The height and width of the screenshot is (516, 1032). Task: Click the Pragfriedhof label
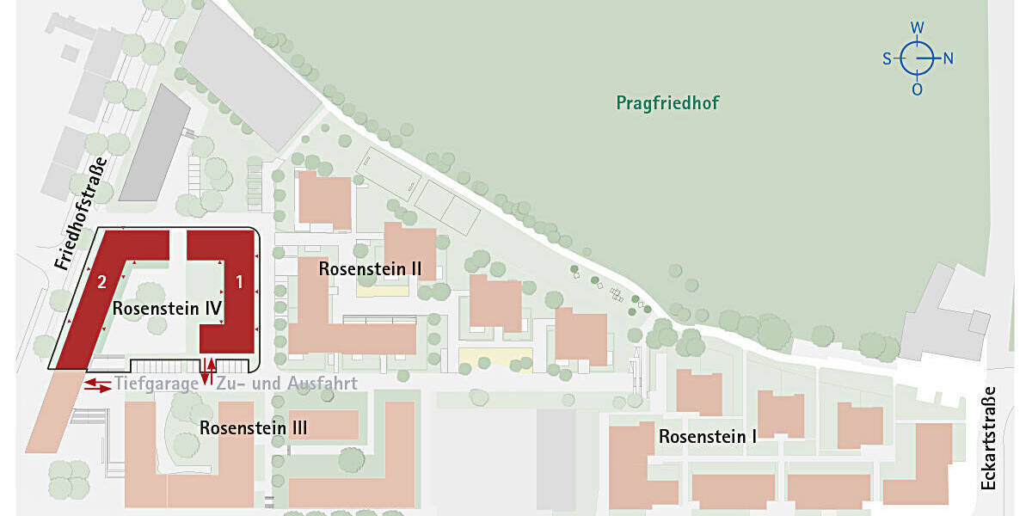667,103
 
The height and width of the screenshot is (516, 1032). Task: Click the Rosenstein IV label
168,308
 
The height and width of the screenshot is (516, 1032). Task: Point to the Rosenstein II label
370,268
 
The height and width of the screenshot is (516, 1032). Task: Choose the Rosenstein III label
254,427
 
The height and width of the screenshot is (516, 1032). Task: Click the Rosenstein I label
707,437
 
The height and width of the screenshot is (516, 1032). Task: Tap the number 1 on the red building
240,280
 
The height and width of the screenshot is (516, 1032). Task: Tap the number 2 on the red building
101,281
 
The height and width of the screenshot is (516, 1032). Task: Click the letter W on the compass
918,28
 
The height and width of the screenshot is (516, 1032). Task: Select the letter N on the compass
948,59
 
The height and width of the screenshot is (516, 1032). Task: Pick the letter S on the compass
887,59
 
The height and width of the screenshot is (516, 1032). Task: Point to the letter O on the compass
918,89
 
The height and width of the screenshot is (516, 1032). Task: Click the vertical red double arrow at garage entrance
208,368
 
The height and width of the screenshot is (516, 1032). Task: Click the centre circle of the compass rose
918,59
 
